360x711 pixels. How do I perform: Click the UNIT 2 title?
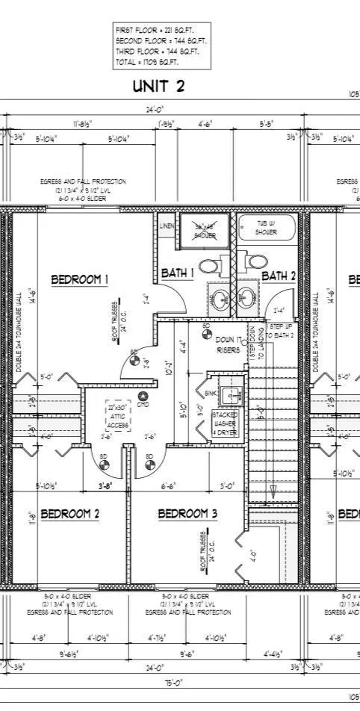pos(159,86)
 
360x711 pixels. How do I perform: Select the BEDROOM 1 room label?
pos(80,279)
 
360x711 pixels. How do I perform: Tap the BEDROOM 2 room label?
pos(70,514)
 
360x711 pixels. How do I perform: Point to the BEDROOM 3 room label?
pos(187,514)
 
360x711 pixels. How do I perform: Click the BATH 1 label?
pos(179,273)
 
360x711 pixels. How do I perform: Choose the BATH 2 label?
pos(279,276)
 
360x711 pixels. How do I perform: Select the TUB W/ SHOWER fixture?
pos(267,228)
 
